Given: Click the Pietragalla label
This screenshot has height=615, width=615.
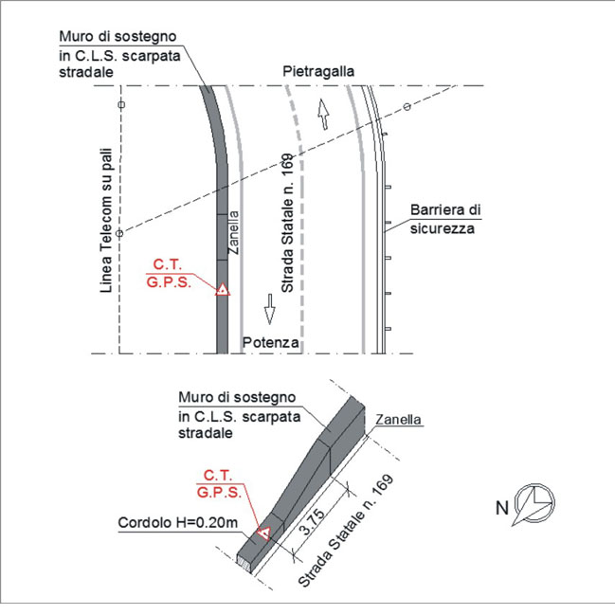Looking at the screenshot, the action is [318, 71].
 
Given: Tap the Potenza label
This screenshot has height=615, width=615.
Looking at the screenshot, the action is [270, 342].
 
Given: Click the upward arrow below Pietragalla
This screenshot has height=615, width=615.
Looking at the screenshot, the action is [323, 114].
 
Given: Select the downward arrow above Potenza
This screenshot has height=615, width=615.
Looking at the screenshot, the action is [269, 309].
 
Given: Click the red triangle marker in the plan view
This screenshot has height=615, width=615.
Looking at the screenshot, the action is [223, 290].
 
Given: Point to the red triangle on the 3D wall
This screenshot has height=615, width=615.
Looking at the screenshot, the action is [263, 534].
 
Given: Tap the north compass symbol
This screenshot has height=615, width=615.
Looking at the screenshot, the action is [534, 504].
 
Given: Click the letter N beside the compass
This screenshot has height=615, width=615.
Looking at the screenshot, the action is [502, 508].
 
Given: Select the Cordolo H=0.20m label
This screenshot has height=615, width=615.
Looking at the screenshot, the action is [177, 522].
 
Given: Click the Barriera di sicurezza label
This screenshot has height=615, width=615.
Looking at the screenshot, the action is [445, 219].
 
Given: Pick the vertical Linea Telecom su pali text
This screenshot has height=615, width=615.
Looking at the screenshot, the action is [106, 220].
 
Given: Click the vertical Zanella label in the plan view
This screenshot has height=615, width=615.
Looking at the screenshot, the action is [233, 232].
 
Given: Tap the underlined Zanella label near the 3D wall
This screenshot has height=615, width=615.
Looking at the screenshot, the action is [399, 419].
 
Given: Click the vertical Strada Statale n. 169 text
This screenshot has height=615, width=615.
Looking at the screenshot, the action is [287, 223].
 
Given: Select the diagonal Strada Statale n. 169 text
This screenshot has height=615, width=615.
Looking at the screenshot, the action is [346, 531].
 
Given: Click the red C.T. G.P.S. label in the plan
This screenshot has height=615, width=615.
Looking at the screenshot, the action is [169, 273].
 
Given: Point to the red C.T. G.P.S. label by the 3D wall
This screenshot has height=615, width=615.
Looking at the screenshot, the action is [219, 483].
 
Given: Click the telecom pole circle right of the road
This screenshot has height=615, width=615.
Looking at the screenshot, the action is [407, 106].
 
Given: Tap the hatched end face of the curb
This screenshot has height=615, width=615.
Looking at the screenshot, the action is [244, 564].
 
